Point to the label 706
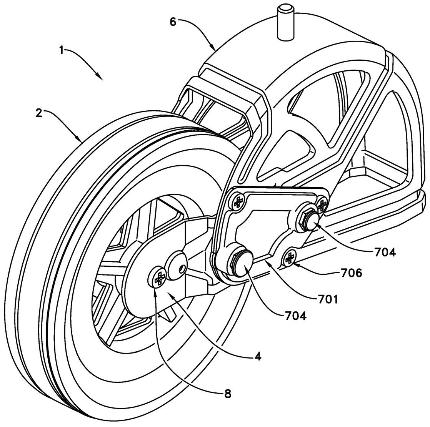(x=351, y=273)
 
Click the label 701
(x=327, y=299)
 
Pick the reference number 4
(x=258, y=356)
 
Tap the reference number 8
(x=228, y=394)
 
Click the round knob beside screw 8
(x=176, y=265)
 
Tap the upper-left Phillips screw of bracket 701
(x=239, y=201)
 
